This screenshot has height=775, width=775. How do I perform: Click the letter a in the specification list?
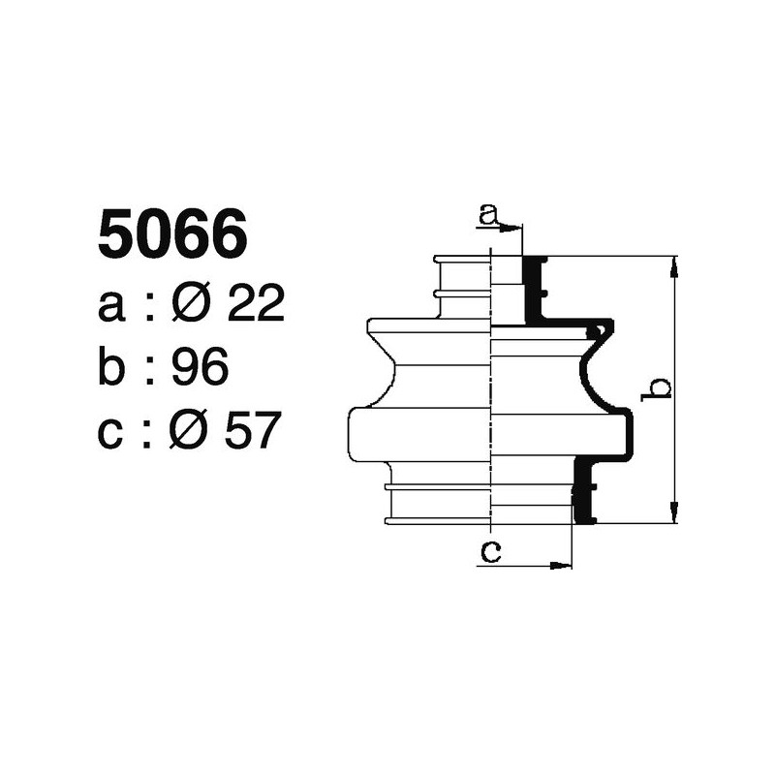[111, 308]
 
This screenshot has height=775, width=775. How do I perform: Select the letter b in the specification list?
[112, 367]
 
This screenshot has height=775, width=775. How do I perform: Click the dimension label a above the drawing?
[489, 212]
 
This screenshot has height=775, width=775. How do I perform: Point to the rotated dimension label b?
[660, 388]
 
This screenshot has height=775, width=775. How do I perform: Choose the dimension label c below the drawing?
[490, 552]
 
